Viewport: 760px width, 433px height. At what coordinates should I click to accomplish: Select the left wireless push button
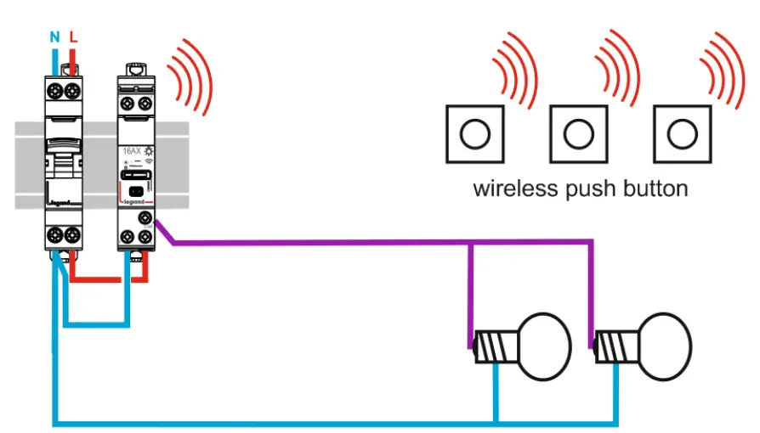click(x=474, y=134)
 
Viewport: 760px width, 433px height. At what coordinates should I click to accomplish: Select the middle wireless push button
click(x=578, y=134)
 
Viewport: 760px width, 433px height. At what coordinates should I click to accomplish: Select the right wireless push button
click(x=681, y=134)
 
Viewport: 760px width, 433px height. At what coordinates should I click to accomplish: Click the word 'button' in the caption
click(x=655, y=188)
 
